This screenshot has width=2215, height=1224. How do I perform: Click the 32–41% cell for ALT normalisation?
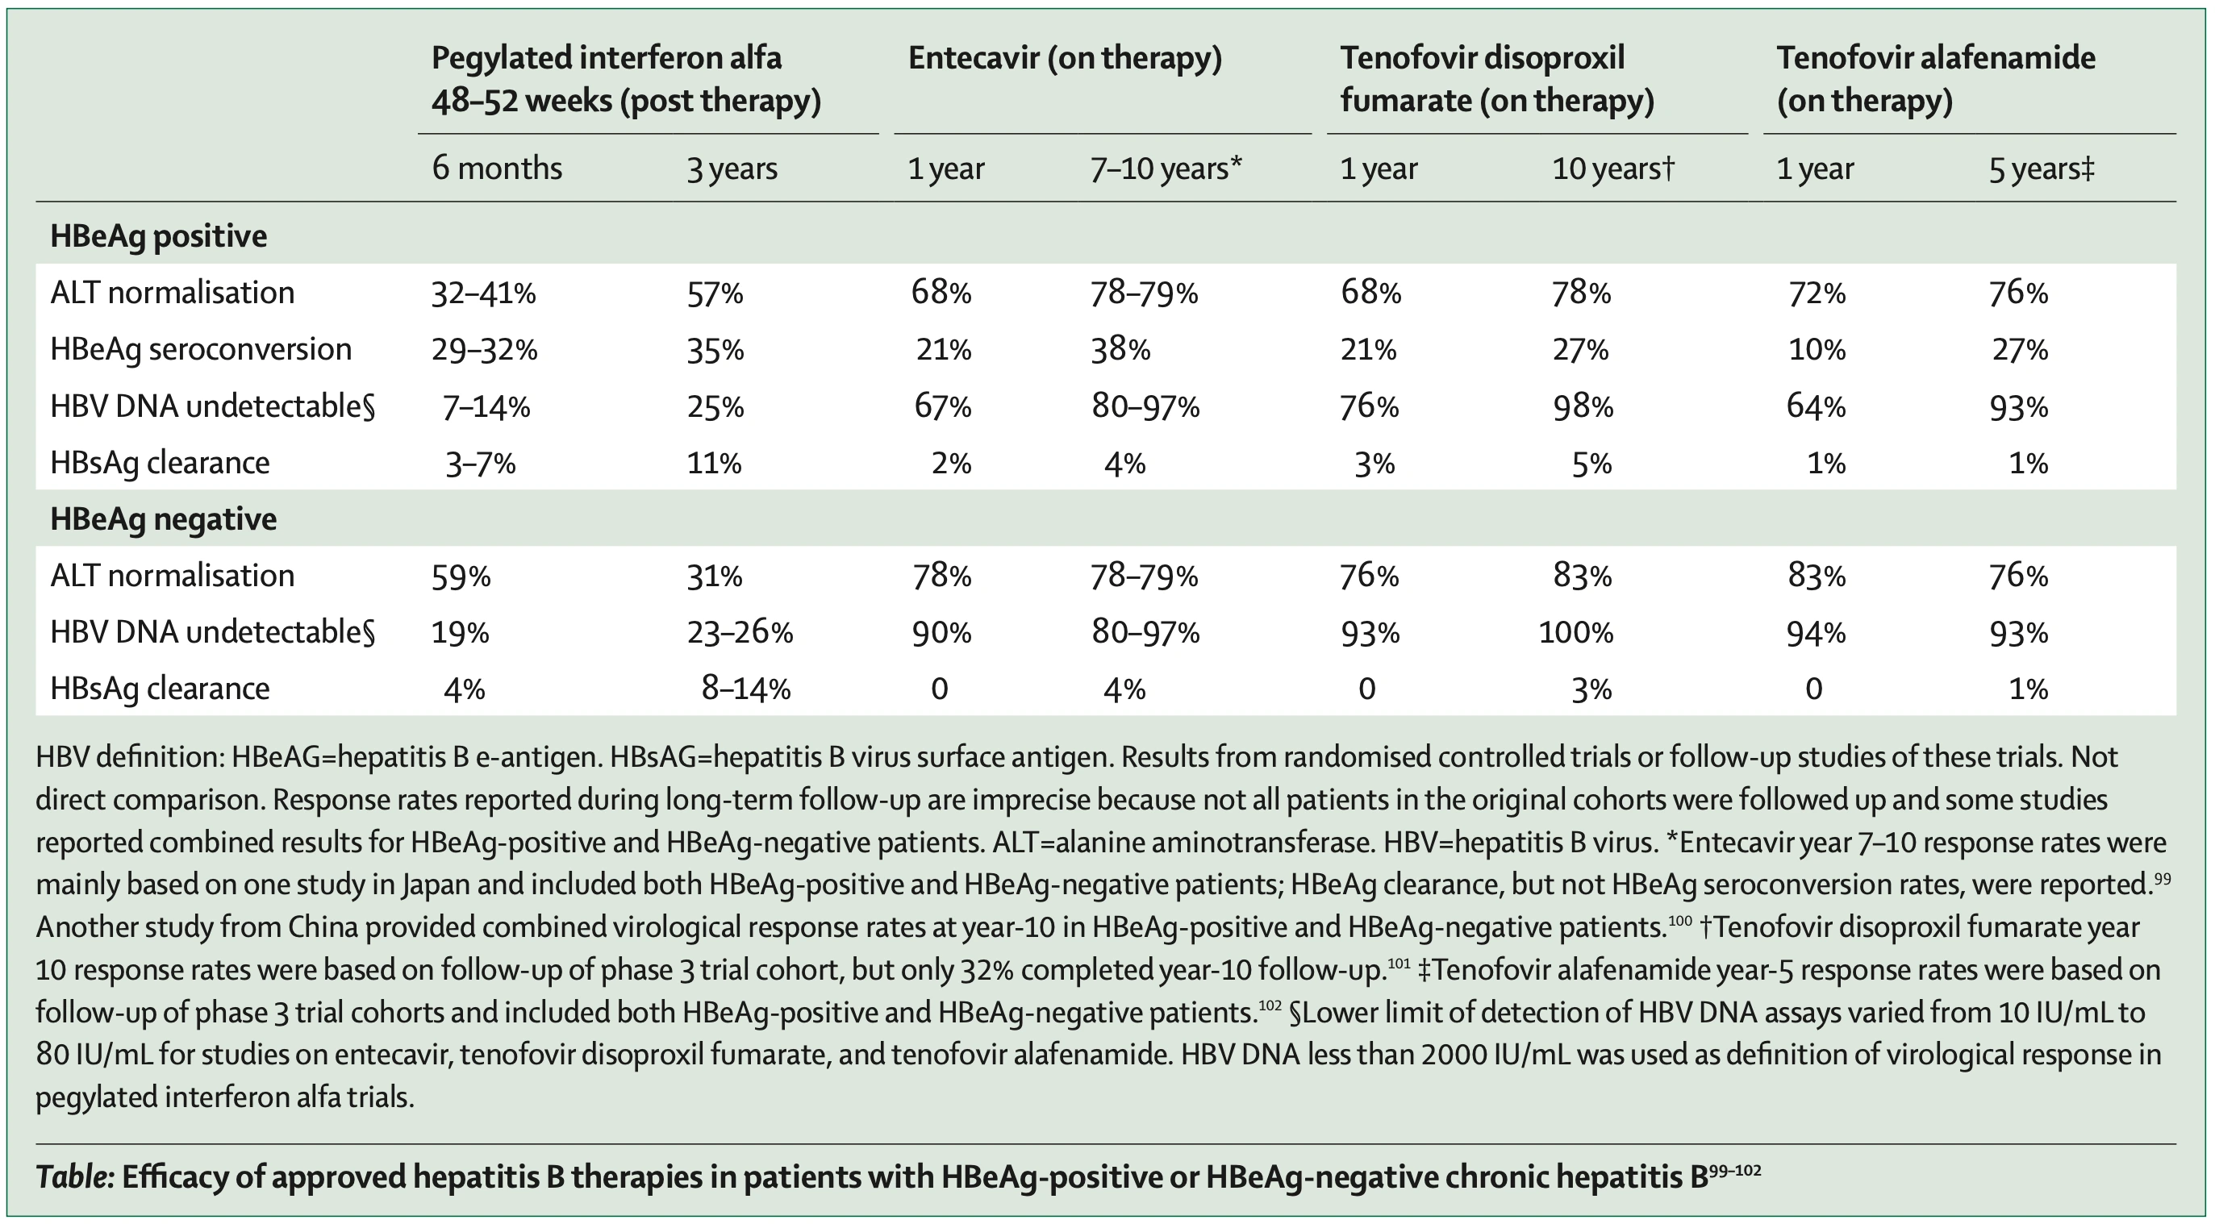(x=483, y=294)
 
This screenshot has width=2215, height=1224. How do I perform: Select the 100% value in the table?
(x=1575, y=634)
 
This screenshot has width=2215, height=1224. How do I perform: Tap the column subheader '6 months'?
(x=497, y=168)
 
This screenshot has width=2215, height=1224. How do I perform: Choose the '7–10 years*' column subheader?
(x=1166, y=169)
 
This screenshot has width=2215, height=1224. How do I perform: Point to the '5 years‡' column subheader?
(x=2042, y=169)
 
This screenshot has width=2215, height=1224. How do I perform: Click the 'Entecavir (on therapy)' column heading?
(x=1065, y=58)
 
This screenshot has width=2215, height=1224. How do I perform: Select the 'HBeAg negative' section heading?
(x=164, y=519)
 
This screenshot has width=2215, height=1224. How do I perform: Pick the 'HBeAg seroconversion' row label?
(x=201, y=349)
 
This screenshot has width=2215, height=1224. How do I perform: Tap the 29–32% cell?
(x=484, y=350)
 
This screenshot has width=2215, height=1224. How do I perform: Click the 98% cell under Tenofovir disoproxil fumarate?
(x=1582, y=406)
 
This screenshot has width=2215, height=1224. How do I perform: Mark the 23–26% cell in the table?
(x=740, y=634)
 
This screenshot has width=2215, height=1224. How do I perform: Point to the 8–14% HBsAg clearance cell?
(x=745, y=689)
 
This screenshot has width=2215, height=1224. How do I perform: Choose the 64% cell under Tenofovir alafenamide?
(x=1816, y=406)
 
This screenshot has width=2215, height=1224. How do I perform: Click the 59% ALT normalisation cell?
(x=461, y=576)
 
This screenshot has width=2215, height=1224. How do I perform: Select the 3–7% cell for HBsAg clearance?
(x=480, y=464)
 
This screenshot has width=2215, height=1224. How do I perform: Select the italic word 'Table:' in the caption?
(x=75, y=1176)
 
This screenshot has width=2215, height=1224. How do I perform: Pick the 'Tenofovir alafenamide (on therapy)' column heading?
(x=1937, y=79)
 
